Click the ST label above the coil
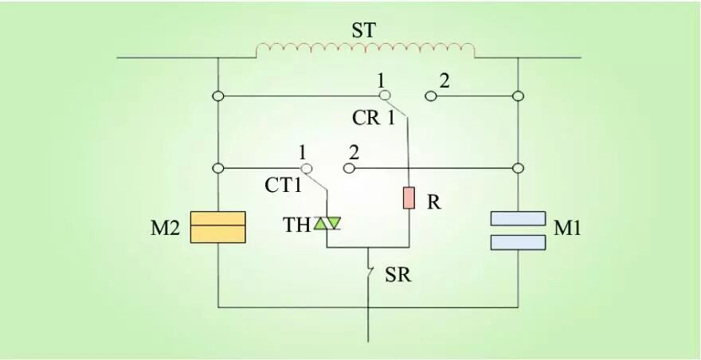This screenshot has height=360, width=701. [x=363, y=31]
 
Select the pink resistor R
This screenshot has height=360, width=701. [x=409, y=198]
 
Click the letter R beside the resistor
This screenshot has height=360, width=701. [x=434, y=202]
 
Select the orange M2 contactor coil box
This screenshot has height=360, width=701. [x=217, y=227]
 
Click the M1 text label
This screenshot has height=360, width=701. [x=567, y=229]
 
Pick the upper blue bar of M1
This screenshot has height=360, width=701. [x=518, y=218]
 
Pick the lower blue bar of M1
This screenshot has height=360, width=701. [x=518, y=242]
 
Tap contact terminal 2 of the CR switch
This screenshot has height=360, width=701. [x=430, y=96]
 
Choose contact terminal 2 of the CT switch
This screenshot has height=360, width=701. [x=349, y=168]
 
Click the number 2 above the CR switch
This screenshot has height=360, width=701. [x=444, y=80]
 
